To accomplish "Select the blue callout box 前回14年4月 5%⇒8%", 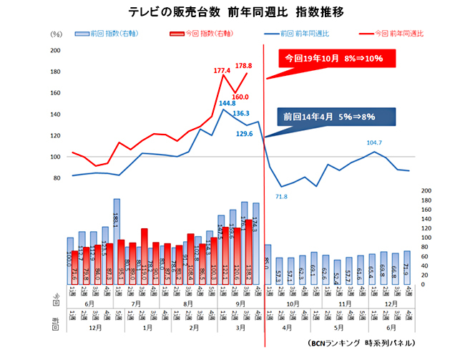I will [327, 115].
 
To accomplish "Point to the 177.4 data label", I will [222, 71].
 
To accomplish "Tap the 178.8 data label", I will [244, 66].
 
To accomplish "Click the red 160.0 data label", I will [240, 97].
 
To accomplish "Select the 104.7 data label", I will [374, 143].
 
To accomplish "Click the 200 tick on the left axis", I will [55, 50].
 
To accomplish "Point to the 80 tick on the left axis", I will [57, 177].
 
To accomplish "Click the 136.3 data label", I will [241, 113].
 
